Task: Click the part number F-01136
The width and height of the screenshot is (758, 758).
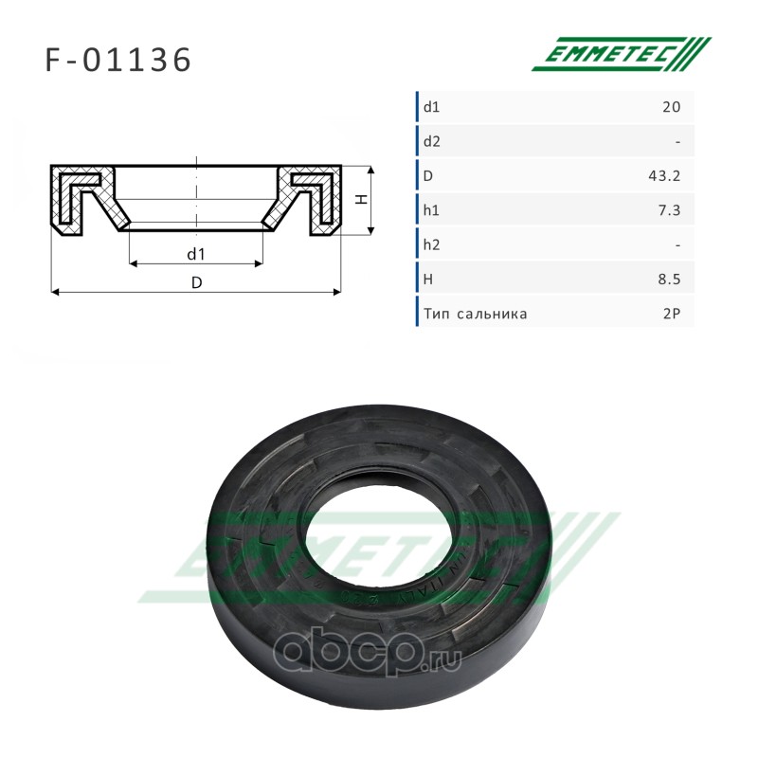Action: [117, 60]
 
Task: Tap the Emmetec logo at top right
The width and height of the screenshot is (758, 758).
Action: [622, 54]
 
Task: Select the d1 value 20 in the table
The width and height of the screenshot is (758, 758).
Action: [672, 107]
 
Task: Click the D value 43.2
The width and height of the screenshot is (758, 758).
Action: [664, 176]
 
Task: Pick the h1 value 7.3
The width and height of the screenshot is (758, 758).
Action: [669, 210]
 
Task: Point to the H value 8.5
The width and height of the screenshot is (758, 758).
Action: [669, 280]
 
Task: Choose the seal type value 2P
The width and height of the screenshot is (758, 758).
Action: [672, 314]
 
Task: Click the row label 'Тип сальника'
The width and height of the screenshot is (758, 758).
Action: [476, 315]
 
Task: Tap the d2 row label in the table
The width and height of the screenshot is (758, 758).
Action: [432, 141]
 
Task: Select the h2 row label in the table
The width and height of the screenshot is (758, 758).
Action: [432, 244]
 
